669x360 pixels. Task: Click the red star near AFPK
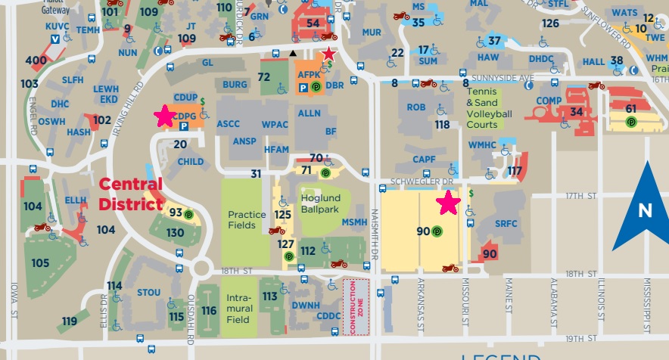328,54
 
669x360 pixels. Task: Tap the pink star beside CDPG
163,116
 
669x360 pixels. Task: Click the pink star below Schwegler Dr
448,203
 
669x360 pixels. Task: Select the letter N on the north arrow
645,211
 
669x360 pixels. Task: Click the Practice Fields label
247,219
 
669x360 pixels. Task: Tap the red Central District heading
130,194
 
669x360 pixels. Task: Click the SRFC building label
506,224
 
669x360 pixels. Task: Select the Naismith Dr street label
374,235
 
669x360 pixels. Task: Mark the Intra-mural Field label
238,309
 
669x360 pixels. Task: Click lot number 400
36,61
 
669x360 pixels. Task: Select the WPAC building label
275,123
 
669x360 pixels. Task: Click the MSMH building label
354,222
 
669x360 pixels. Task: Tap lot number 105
40,262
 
